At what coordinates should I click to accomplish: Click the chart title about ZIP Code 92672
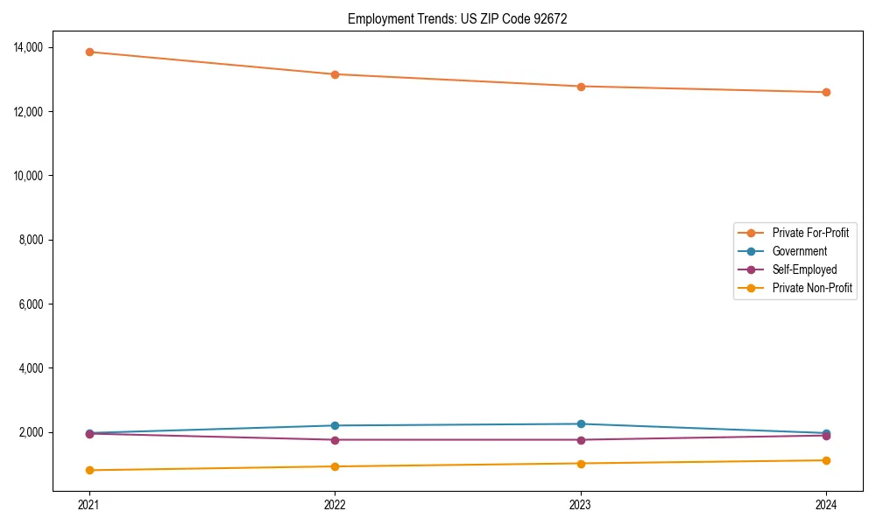click(x=457, y=18)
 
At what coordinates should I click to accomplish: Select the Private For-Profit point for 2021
click(x=89, y=52)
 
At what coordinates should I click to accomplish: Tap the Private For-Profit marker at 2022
click(x=335, y=74)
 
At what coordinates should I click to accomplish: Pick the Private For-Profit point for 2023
click(x=581, y=87)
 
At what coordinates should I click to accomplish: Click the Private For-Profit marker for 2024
click(x=826, y=92)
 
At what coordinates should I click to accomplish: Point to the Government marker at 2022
click(x=335, y=425)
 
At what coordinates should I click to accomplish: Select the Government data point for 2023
click(x=581, y=424)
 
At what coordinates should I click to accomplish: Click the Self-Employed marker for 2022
click(x=335, y=440)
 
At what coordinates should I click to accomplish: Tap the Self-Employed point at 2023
click(x=581, y=440)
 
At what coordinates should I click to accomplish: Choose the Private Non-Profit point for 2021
click(x=89, y=470)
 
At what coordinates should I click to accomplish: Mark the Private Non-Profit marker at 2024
click(x=826, y=460)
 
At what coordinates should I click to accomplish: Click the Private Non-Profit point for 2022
click(x=335, y=466)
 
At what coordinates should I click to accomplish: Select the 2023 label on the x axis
click(x=581, y=505)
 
